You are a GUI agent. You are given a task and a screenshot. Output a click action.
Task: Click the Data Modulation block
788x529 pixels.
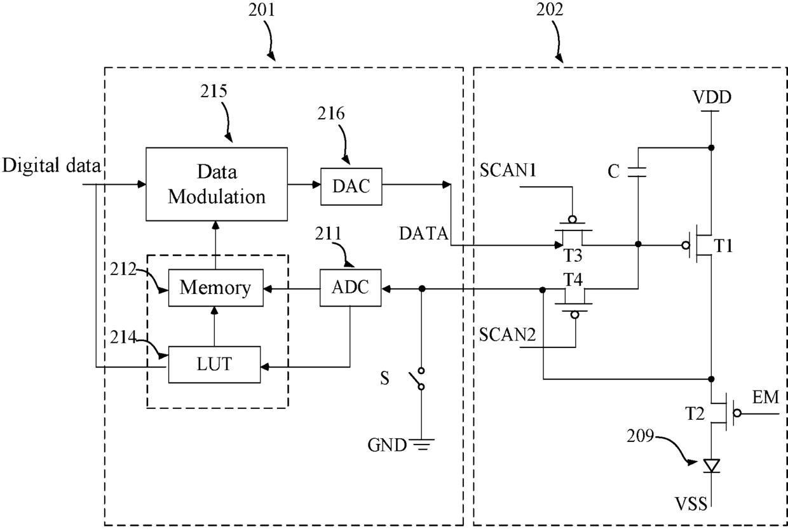point(217,184)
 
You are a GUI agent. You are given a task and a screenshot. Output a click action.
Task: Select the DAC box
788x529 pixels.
point(351,187)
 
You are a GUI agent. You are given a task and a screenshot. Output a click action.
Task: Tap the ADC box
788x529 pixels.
point(350,288)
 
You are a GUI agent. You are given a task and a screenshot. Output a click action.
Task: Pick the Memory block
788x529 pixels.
point(215,288)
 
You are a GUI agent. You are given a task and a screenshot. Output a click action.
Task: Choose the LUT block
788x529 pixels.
point(214,365)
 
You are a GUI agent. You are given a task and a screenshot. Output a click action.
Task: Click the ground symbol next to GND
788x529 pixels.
point(422,445)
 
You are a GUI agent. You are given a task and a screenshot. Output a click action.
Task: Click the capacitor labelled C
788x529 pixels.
point(637,172)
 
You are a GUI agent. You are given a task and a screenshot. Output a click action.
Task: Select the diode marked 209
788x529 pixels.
point(711,465)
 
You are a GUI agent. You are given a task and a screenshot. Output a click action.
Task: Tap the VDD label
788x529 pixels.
point(712,97)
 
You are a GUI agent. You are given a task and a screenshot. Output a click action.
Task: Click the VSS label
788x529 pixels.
point(691,504)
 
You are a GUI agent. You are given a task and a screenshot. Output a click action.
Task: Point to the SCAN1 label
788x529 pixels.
point(508,170)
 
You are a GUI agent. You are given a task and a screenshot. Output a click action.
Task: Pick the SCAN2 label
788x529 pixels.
point(507,334)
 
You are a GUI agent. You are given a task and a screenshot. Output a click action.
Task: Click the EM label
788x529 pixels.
point(766,397)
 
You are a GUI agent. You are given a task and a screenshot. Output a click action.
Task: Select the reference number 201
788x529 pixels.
point(261,10)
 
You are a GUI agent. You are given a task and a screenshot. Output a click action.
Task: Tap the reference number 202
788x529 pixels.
point(550,10)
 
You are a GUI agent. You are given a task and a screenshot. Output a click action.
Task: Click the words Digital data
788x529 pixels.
point(51,166)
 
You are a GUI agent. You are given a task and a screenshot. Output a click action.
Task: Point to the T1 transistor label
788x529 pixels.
point(723,245)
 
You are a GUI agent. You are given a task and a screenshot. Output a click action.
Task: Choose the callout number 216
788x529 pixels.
point(330,113)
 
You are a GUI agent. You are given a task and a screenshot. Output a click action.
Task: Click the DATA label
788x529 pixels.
point(423,234)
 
